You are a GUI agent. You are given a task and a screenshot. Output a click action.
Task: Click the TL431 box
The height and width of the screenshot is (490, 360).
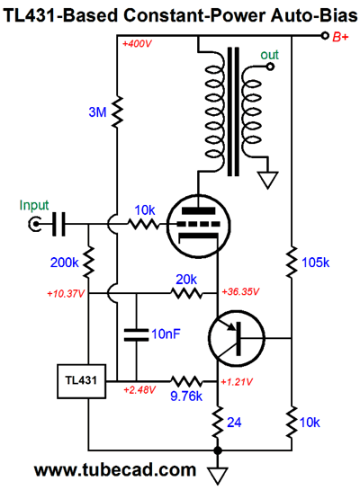click(81, 381)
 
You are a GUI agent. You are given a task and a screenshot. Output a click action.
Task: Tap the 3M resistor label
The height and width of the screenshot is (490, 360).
click(97, 111)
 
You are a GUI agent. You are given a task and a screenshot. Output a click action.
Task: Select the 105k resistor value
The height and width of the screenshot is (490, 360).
click(315, 263)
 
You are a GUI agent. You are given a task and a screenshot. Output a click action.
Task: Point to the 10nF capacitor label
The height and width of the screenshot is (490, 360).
click(166, 334)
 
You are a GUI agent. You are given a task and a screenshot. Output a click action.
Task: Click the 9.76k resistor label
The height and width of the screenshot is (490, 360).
click(186, 396)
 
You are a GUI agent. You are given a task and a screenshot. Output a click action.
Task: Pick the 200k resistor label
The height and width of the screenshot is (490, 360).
click(65, 263)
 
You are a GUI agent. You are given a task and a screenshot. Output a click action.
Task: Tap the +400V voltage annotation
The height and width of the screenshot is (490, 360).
click(137, 43)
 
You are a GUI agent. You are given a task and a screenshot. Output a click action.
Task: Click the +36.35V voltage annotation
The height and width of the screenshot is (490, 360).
click(240, 292)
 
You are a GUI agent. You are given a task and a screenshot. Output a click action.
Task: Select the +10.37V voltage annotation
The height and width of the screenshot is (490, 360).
click(66, 294)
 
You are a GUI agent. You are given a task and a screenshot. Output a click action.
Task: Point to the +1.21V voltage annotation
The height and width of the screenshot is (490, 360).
click(237, 382)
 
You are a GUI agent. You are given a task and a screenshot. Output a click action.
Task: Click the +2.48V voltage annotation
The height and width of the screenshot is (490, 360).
click(139, 390)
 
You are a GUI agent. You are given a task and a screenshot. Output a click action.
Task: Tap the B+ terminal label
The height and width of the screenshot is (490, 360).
click(340, 37)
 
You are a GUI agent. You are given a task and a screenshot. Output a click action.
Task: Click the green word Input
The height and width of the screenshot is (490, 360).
click(34, 205)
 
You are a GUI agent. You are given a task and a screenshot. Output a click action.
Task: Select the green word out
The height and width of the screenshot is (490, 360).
click(269, 55)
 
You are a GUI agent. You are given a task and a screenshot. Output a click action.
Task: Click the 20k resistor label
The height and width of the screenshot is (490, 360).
click(186, 279)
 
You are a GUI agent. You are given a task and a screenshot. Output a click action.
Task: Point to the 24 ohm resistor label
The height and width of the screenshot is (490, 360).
click(234, 423)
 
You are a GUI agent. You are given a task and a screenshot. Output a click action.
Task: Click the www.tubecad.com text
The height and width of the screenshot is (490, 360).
click(115, 469)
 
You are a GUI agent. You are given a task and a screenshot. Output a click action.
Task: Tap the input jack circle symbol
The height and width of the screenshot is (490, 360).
click(35, 224)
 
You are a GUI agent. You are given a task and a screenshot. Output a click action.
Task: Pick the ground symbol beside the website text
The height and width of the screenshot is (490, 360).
click(218, 475)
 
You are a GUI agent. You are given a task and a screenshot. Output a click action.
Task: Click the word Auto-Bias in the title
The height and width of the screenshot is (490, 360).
click(314, 15)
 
